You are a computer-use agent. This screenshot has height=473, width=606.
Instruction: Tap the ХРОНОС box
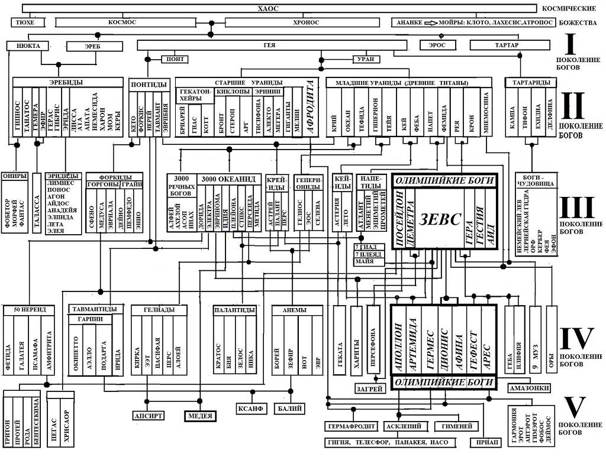tap(305, 22)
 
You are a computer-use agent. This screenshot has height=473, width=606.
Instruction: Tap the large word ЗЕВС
tap(439, 218)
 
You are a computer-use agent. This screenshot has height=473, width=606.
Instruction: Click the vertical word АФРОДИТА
tap(310, 108)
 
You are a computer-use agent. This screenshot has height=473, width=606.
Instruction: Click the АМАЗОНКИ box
tap(531, 388)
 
